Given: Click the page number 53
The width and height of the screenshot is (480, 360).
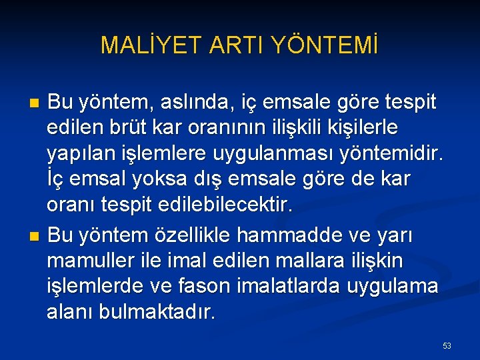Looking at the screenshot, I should point(447,346).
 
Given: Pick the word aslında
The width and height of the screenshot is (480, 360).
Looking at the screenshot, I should point(203,103).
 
